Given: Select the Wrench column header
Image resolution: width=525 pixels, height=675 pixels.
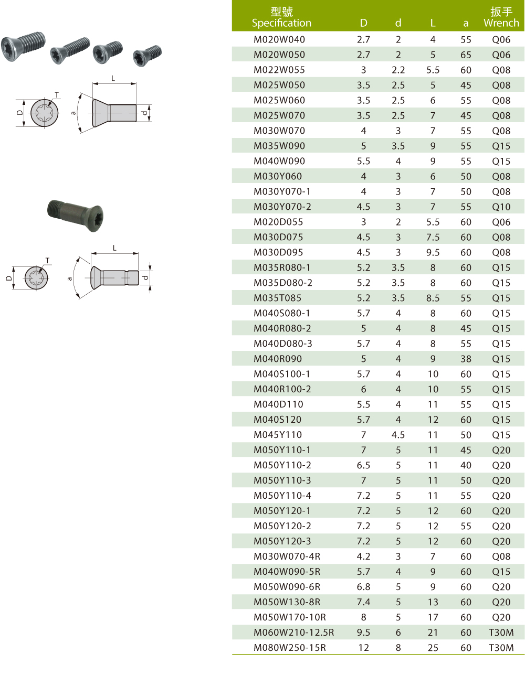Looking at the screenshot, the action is [x=501, y=17].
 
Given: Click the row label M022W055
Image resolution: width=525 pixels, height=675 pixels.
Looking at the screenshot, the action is [x=279, y=70].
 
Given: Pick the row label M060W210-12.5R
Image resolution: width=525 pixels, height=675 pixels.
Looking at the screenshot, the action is [x=294, y=633].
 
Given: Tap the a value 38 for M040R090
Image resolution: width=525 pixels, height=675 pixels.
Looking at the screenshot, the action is [x=466, y=359].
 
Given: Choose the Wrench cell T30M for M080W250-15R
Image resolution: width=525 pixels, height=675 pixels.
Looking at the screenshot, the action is [x=501, y=648].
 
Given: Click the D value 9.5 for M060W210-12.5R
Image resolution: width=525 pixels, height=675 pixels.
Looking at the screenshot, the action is [x=363, y=633].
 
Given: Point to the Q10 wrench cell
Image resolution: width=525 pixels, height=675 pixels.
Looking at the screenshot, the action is [x=501, y=207].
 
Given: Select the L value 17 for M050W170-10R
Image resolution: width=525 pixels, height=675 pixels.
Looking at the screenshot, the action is [x=433, y=617].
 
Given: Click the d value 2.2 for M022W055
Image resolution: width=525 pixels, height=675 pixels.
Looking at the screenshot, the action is [x=398, y=70].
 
